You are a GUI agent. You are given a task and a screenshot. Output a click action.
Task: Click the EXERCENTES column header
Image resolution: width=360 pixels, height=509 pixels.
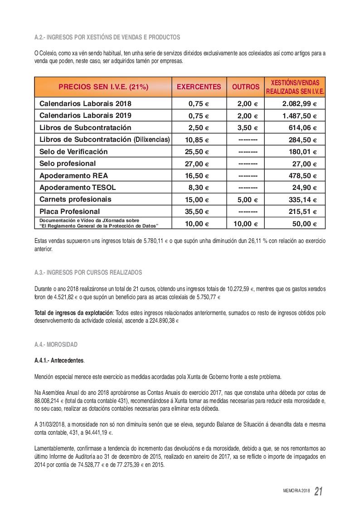[x=199, y=87]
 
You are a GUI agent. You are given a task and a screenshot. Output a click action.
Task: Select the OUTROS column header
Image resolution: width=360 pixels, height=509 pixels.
[x=246, y=87]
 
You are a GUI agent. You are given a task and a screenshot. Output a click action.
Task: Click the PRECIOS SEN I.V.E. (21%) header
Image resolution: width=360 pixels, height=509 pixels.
[x=103, y=87]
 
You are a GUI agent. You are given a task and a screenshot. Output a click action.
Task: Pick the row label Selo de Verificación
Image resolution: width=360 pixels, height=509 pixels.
[x=73, y=151]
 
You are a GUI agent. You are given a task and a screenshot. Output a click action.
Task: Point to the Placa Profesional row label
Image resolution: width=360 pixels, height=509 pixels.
[x=69, y=211]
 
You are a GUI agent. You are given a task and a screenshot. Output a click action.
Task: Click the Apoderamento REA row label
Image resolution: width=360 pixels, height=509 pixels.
[x=73, y=175]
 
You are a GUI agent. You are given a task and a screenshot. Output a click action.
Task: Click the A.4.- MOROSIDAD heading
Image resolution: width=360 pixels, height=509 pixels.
[x=56, y=344]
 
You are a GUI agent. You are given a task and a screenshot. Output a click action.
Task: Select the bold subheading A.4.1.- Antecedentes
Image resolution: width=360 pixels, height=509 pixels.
[x=59, y=361]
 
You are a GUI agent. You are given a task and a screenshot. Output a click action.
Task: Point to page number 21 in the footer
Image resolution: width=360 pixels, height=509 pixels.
[x=318, y=492]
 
